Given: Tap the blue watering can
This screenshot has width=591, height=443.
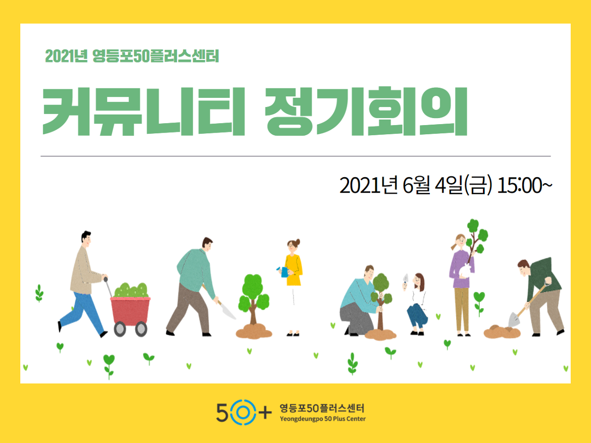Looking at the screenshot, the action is point(283,272).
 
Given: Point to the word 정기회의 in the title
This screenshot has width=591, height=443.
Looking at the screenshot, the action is point(366,112).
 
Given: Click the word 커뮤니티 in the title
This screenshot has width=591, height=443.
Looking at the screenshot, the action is point(143,112).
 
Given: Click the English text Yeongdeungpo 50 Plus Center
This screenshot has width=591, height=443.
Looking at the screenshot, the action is point(323,419).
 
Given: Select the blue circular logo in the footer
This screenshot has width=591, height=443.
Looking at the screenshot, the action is point(243,413).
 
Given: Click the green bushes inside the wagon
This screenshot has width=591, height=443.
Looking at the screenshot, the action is point(131,290).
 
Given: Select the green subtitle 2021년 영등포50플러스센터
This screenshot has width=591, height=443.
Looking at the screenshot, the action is point(132,57).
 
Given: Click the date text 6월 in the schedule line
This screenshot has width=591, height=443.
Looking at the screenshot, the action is point(416,185).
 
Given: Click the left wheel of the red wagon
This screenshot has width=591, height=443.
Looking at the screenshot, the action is point(120,329).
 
